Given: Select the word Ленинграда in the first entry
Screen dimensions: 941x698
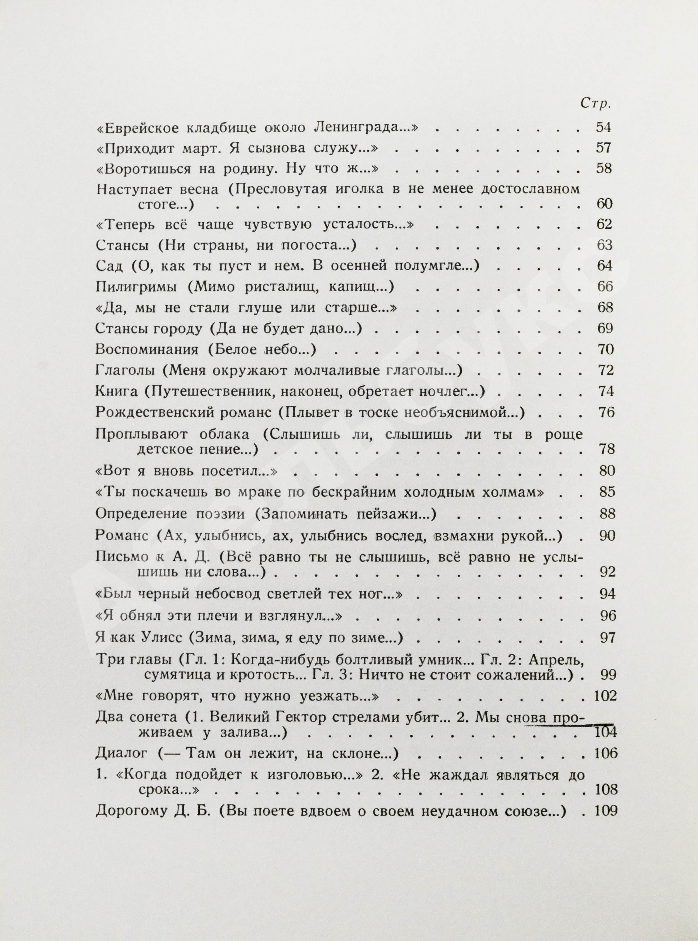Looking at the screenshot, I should click(x=367, y=128).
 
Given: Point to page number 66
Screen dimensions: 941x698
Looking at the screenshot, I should click(x=605, y=287).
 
